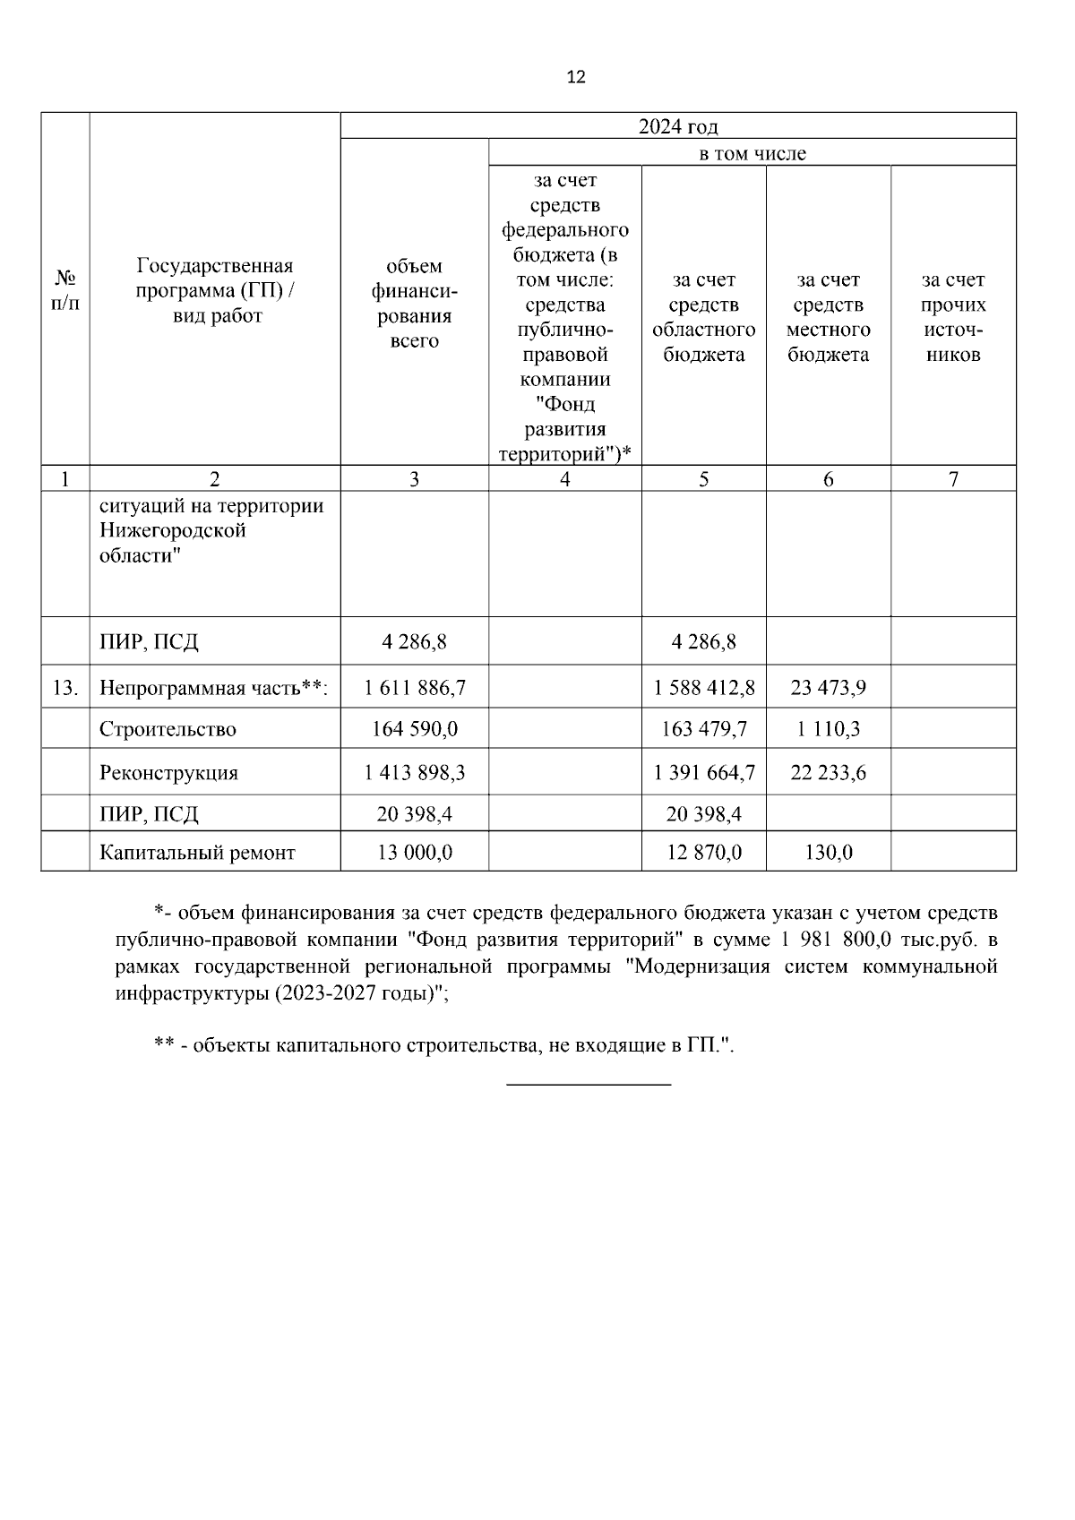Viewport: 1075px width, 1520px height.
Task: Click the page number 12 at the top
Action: tap(576, 77)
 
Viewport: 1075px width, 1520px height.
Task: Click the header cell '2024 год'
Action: tap(677, 126)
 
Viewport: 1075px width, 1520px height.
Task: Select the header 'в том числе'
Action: tap(752, 153)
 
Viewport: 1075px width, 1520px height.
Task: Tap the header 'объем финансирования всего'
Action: tap(414, 304)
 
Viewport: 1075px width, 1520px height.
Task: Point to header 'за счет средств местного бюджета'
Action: tap(828, 317)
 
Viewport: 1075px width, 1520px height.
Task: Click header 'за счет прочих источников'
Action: tap(953, 317)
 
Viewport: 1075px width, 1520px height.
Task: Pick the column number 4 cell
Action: tap(564, 479)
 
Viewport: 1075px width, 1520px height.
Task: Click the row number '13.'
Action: tap(64, 688)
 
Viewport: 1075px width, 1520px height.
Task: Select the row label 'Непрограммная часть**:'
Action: tap(213, 688)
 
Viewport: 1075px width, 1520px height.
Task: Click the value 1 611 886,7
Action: tap(414, 688)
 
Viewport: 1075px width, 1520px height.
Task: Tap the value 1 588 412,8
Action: tap(704, 688)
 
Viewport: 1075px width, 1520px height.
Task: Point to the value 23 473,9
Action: tap(828, 688)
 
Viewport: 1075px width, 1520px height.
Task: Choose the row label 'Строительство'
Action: tap(168, 729)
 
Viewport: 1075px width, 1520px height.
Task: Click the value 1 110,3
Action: tap(828, 729)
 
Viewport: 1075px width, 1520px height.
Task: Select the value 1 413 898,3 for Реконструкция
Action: tap(414, 772)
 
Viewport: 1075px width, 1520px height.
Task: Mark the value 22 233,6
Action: tap(828, 772)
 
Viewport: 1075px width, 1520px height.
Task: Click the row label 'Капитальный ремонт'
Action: tap(197, 853)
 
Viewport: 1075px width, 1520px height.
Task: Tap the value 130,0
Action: tap(828, 853)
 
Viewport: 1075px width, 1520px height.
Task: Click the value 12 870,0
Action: tap(704, 853)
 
